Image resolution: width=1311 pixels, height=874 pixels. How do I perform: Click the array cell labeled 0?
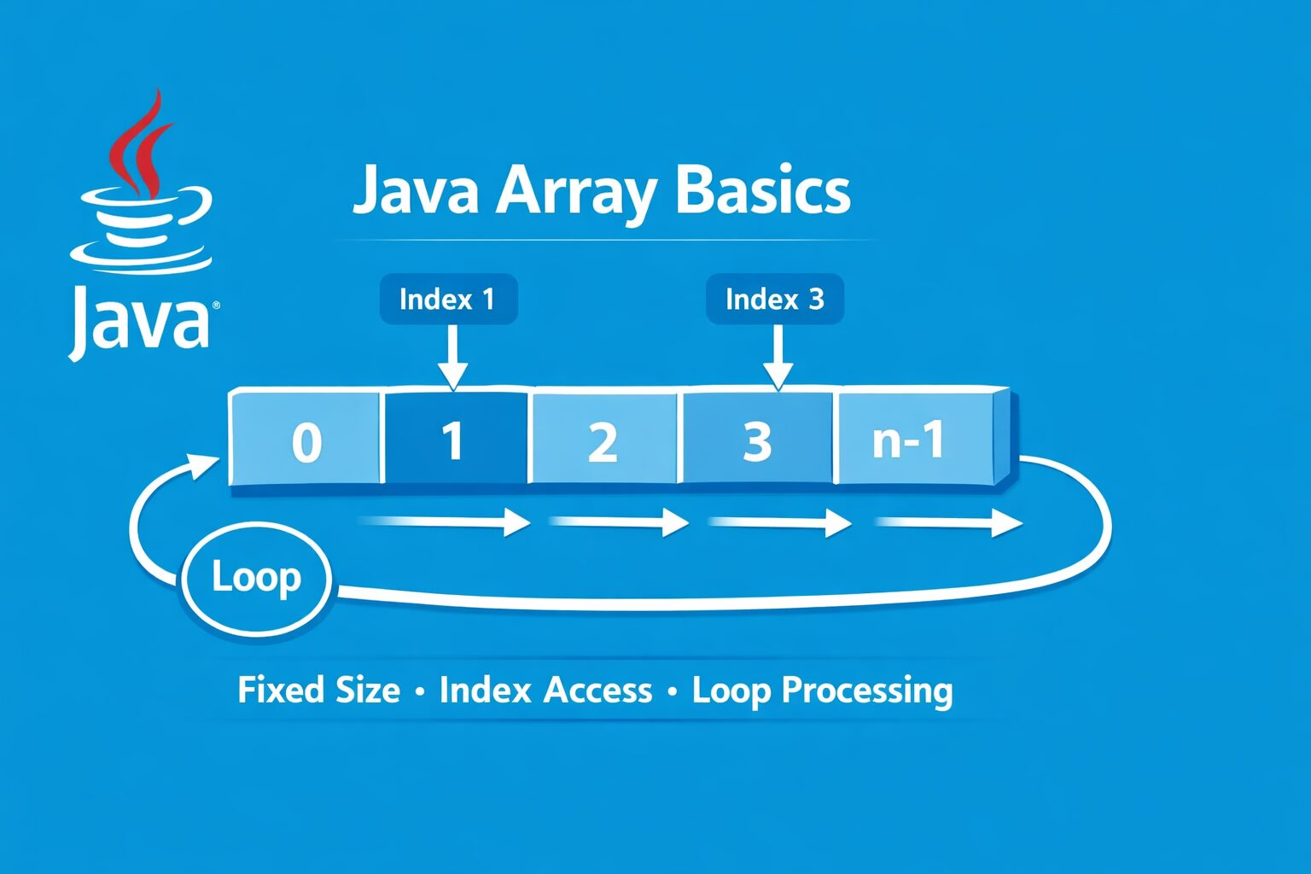tap(306, 440)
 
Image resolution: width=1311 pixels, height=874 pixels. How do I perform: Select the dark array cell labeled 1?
tap(454, 440)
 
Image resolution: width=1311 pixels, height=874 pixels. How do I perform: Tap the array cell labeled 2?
tap(603, 440)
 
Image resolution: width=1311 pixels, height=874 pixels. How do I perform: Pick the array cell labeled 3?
tap(756, 440)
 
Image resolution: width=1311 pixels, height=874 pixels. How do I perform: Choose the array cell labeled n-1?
tap(910, 440)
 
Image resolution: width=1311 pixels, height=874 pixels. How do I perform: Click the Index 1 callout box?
tap(448, 300)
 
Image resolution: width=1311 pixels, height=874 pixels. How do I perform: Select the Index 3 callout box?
tap(774, 300)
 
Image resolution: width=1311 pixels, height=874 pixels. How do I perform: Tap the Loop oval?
tap(256, 578)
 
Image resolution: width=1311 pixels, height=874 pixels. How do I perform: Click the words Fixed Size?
tap(318, 690)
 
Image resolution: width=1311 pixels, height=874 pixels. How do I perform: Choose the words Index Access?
tap(545, 690)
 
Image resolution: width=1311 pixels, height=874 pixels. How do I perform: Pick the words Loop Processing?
tap(822, 690)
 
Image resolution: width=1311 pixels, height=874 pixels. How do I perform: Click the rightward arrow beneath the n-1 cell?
tap(947, 522)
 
